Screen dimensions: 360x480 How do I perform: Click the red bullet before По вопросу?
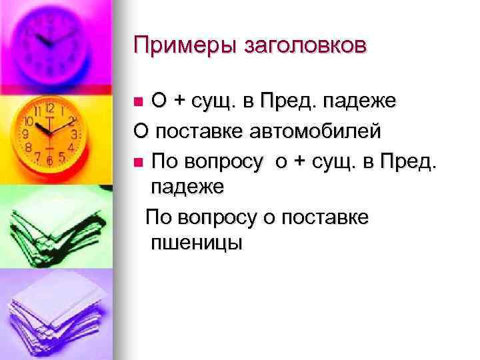point(138,162)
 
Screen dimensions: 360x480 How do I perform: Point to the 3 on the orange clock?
point(75,134)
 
